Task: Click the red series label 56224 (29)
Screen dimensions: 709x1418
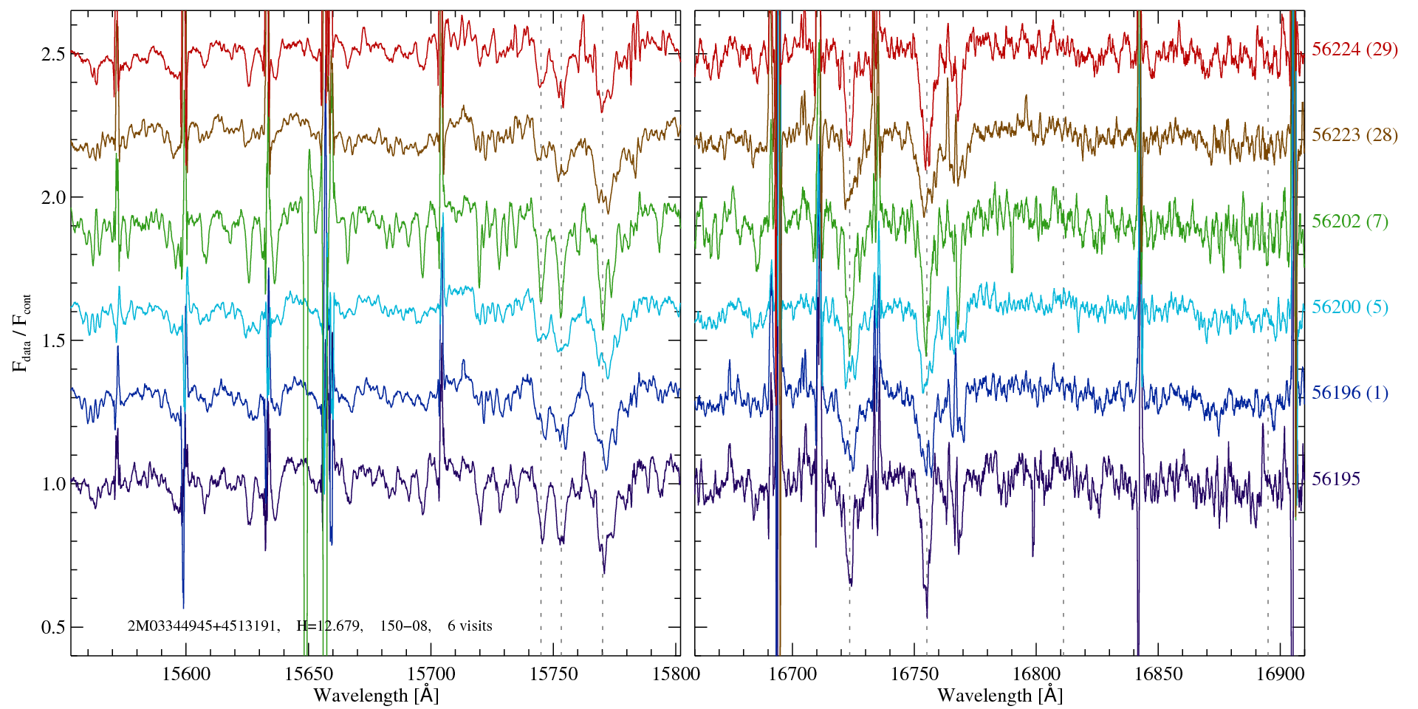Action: pos(1354,49)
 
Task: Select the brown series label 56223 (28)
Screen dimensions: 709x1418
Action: pos(1354,134)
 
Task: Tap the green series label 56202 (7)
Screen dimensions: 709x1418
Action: pos(1350,221)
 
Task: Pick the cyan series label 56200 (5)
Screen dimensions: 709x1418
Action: pos(1350,306)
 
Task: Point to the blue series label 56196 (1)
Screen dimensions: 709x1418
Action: pos(1350,392)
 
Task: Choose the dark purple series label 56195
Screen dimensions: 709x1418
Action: pos(1335,479)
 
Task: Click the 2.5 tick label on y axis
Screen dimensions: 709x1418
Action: pos(53,54)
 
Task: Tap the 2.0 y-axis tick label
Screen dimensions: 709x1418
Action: pos(53,197)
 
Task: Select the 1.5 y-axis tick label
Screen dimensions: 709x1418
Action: pos(53,340)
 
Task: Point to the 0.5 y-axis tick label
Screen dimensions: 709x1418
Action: pos(53,627)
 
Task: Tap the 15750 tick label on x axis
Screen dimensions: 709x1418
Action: pos(555,674)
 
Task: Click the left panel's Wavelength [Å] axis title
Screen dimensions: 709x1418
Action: pos(376,695)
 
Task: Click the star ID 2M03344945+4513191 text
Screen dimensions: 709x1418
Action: pos(203,626)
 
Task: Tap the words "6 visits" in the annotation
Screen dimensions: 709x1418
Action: pos(470,626)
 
